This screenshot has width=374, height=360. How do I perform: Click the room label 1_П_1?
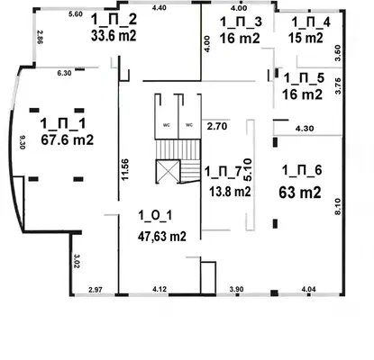point(63,123)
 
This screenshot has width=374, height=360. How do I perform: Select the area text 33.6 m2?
point(114,35)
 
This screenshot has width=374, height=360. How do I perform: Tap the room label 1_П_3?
point(241,22)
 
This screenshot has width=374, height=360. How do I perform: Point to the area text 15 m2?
point(306,38)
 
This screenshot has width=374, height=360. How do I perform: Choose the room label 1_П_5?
point(304,78)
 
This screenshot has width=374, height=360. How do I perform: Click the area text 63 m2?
point(300,193)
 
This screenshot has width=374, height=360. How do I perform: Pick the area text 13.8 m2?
point(230,192)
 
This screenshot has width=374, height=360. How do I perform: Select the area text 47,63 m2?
point(162,237)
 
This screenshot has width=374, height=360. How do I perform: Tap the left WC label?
point(167,125)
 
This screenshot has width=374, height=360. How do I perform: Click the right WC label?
point(189,125)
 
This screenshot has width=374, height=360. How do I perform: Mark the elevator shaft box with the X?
point(168,172)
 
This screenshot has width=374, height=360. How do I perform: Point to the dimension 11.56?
point(125,169)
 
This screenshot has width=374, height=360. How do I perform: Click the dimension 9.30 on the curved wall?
point(23,142)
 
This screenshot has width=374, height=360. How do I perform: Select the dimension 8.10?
point(337,206)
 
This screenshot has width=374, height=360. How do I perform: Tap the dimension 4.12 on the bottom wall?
point(160,290)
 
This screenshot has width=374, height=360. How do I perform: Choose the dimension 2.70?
point(217,126)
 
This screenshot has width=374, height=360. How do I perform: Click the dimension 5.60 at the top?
point(76,14)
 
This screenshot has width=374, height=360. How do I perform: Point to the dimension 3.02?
point(77,261)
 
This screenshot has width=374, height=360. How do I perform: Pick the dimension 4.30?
point(305,129)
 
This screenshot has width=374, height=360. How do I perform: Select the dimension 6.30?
point(64,73)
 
